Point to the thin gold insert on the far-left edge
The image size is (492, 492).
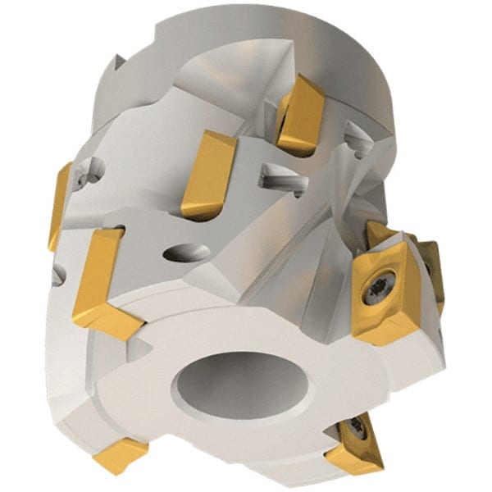coord(59,205)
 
